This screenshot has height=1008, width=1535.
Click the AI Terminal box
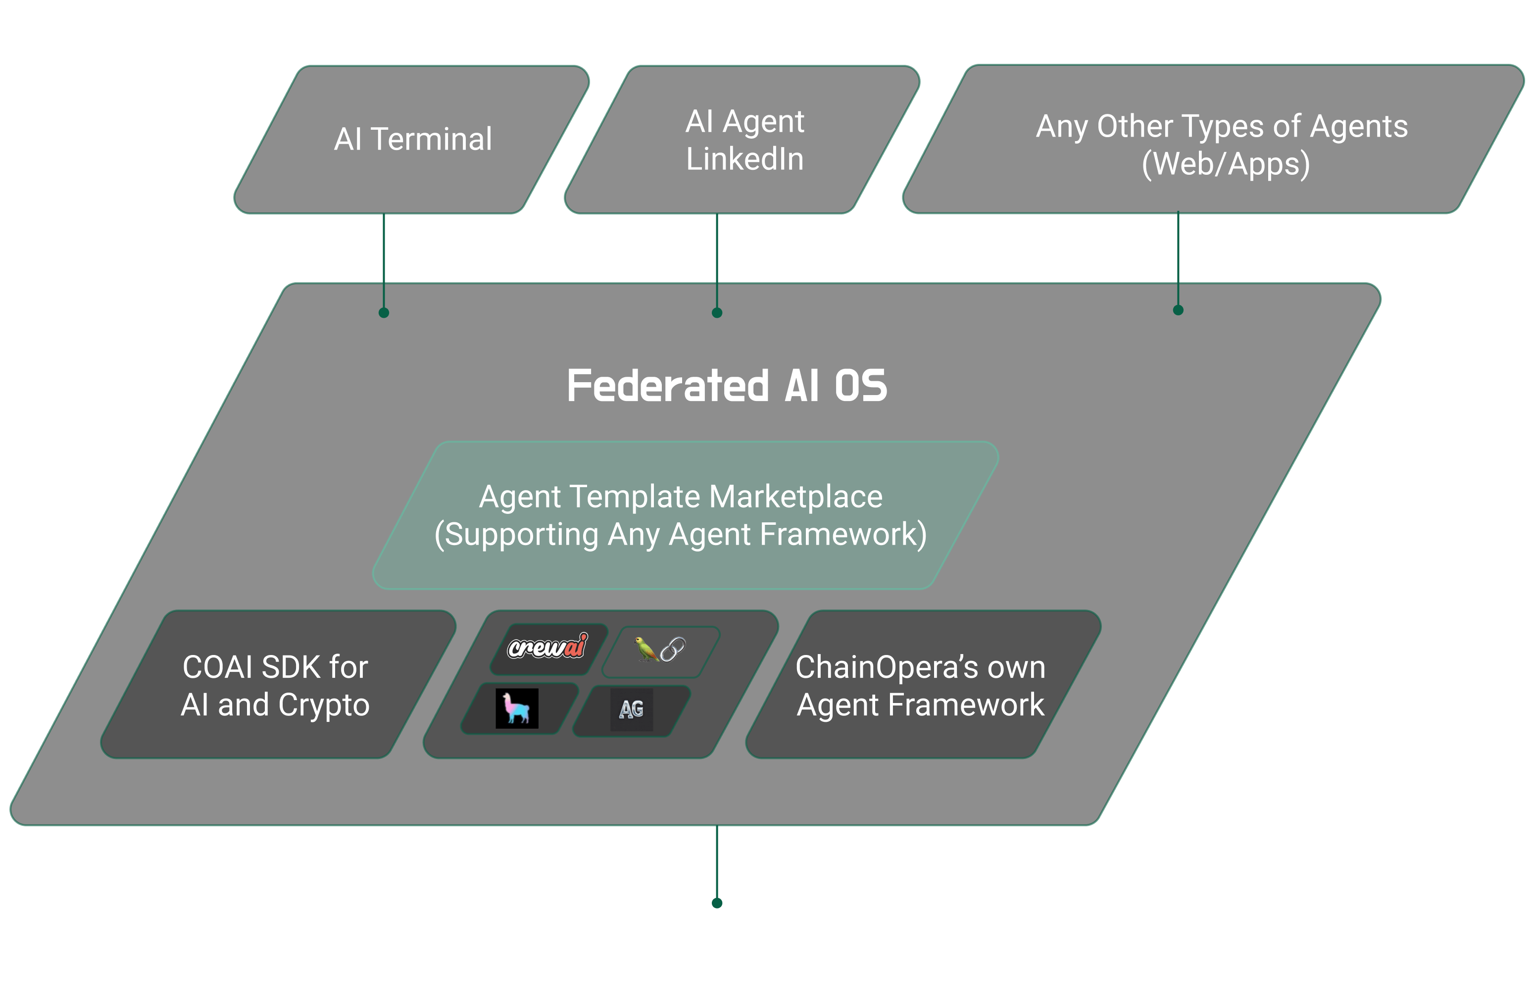pos(413,139)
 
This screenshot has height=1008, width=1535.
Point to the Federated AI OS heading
pos(727,386)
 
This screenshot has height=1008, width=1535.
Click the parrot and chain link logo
pos(659,650)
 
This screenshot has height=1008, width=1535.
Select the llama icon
pos(517,708)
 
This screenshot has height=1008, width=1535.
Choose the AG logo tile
pos(632,709)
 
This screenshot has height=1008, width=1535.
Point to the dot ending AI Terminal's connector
pos(384,313)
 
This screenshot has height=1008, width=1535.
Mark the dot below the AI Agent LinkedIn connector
pos(717,313)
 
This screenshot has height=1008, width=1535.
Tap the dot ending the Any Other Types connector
pos(1178,310)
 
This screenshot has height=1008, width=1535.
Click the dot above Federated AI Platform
pos(717,903)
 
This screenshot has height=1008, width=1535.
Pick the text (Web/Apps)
pos(1226,164)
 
